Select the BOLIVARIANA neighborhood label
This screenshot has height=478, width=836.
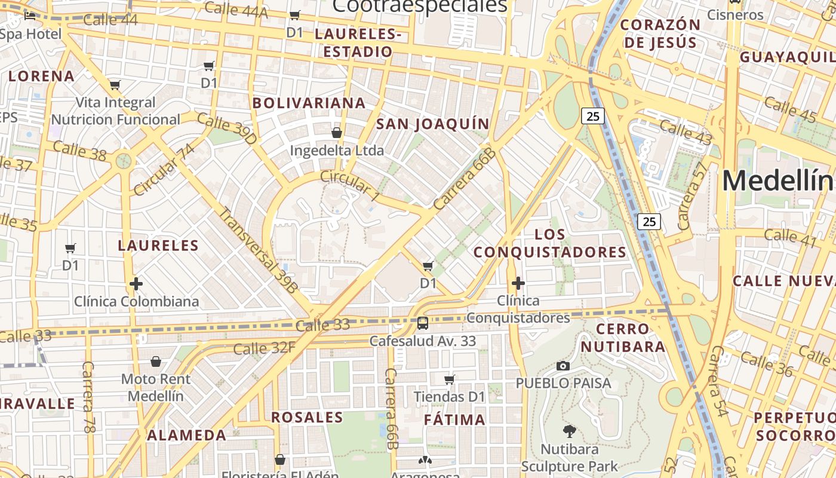(309, 103)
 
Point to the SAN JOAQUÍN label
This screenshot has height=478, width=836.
(432, 124)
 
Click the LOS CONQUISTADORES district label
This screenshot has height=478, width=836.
(550, 243)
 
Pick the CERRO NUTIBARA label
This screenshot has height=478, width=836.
(623, 338)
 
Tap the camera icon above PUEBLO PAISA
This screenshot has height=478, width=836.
(563, 366)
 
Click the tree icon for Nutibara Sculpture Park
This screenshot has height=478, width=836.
(570, 430)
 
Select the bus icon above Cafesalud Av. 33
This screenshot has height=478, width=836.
(423, 324)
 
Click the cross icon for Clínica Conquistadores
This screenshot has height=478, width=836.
(518, 283)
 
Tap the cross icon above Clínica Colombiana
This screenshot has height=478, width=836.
(136, 284)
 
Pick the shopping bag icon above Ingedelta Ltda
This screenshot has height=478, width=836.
(337, 133)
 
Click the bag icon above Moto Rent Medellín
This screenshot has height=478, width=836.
(156, 361)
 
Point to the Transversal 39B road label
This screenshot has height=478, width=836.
(257, 249)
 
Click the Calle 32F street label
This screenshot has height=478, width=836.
(264, 348)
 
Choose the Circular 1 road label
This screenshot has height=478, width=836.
(350, 185)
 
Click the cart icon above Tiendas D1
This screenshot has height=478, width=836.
(450, 379)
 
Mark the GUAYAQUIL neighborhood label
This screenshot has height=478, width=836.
(787, 57)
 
